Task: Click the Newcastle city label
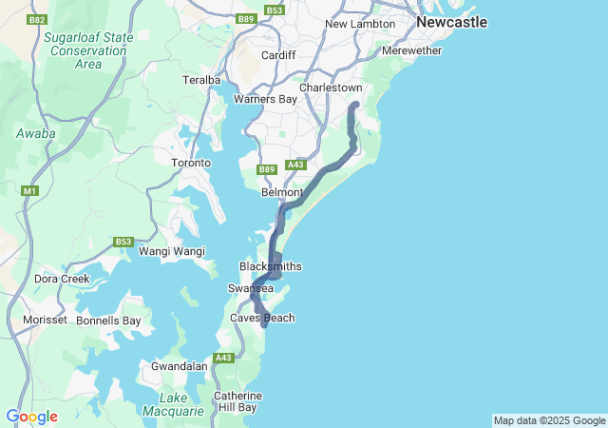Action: click(451, 21)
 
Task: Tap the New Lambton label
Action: click(358, 24)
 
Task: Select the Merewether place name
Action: click(411, 50)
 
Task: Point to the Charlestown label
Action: click(331, 88)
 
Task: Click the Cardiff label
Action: click(279, 55)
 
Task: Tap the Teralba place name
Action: click(201, 80)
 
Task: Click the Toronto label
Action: click(190, 163)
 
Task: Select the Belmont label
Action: click(281, 192)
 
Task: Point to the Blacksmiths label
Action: click(270, 266)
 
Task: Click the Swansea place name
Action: click(251, 288)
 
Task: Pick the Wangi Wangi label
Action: click(172, 251)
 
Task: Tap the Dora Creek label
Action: click(62, 279)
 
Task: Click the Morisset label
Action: click(45, 320)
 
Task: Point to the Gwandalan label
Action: click(180, 365)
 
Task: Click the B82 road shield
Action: click(38, 19)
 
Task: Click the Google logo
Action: click(31, 417)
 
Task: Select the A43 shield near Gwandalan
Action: click(224, 358)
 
